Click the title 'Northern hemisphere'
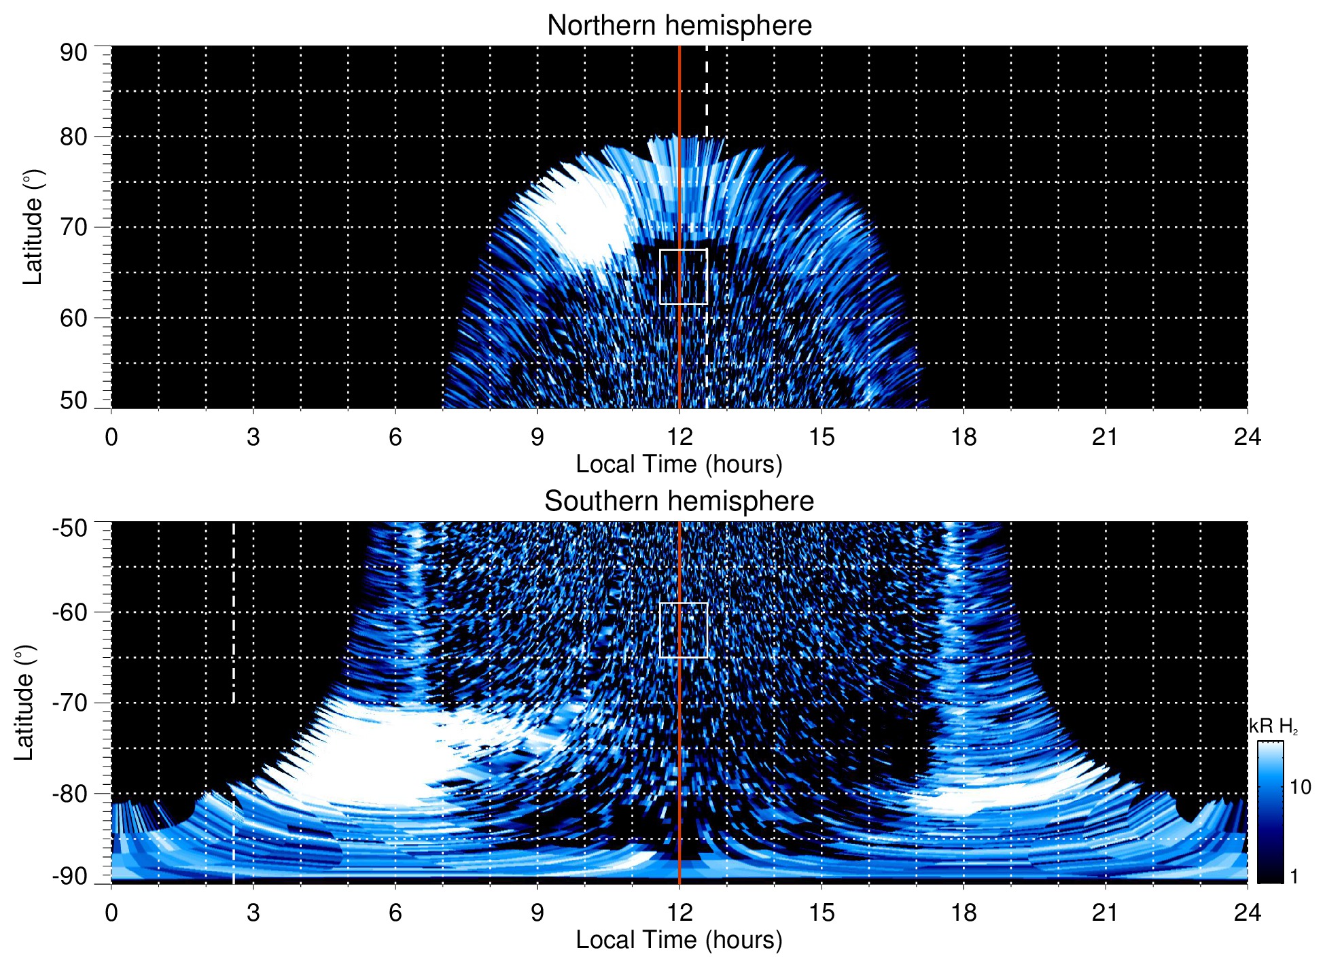click(x=679, y=26)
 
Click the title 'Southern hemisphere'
click(x=679, y=502)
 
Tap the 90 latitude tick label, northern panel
click(x=73, y=53)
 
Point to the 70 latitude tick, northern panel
click(x=73, y=227)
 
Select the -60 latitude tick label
click(x=70, y=612)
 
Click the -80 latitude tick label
click(x=70, y=793)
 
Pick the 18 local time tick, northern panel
click(x=964, y=437)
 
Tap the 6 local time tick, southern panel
click(x=395, y=913)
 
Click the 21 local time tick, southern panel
click(x=1106, y=913)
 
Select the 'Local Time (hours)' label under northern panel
click(x=679, y=464)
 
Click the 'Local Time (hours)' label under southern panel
click(x=679, y=940)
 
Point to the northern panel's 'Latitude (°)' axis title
click(x=32, y=227)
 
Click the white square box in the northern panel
click(x=684, y=277)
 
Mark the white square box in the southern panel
click(x=684, y=630)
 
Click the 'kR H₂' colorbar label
click(x=1274, y=726)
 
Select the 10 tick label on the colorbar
click(x=1300, y=787)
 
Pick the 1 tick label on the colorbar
click(x=1294, y=877)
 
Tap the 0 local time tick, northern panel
click(x=111, y=437)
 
